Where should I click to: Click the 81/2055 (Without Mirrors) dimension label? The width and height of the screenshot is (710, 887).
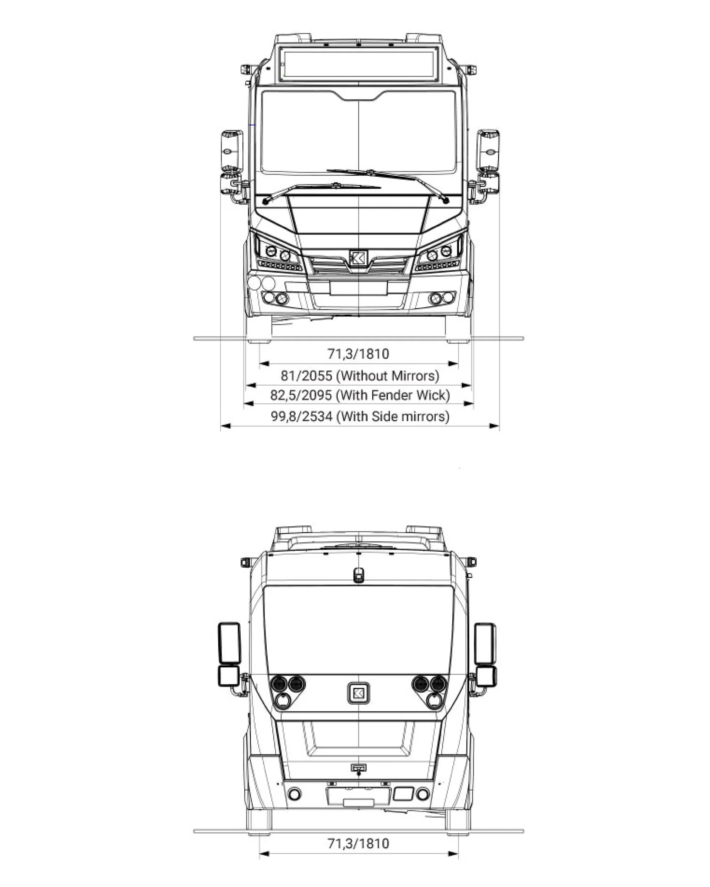[360, 376]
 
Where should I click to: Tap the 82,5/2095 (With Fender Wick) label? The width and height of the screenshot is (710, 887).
[360, 395]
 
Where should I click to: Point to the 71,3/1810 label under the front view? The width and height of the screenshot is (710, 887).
[358, 354]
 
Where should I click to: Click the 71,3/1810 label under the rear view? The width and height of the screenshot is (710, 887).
[358, 843]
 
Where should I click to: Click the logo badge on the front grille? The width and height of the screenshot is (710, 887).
[357, 258]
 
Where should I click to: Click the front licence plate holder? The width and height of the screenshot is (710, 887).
[359, 288]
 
